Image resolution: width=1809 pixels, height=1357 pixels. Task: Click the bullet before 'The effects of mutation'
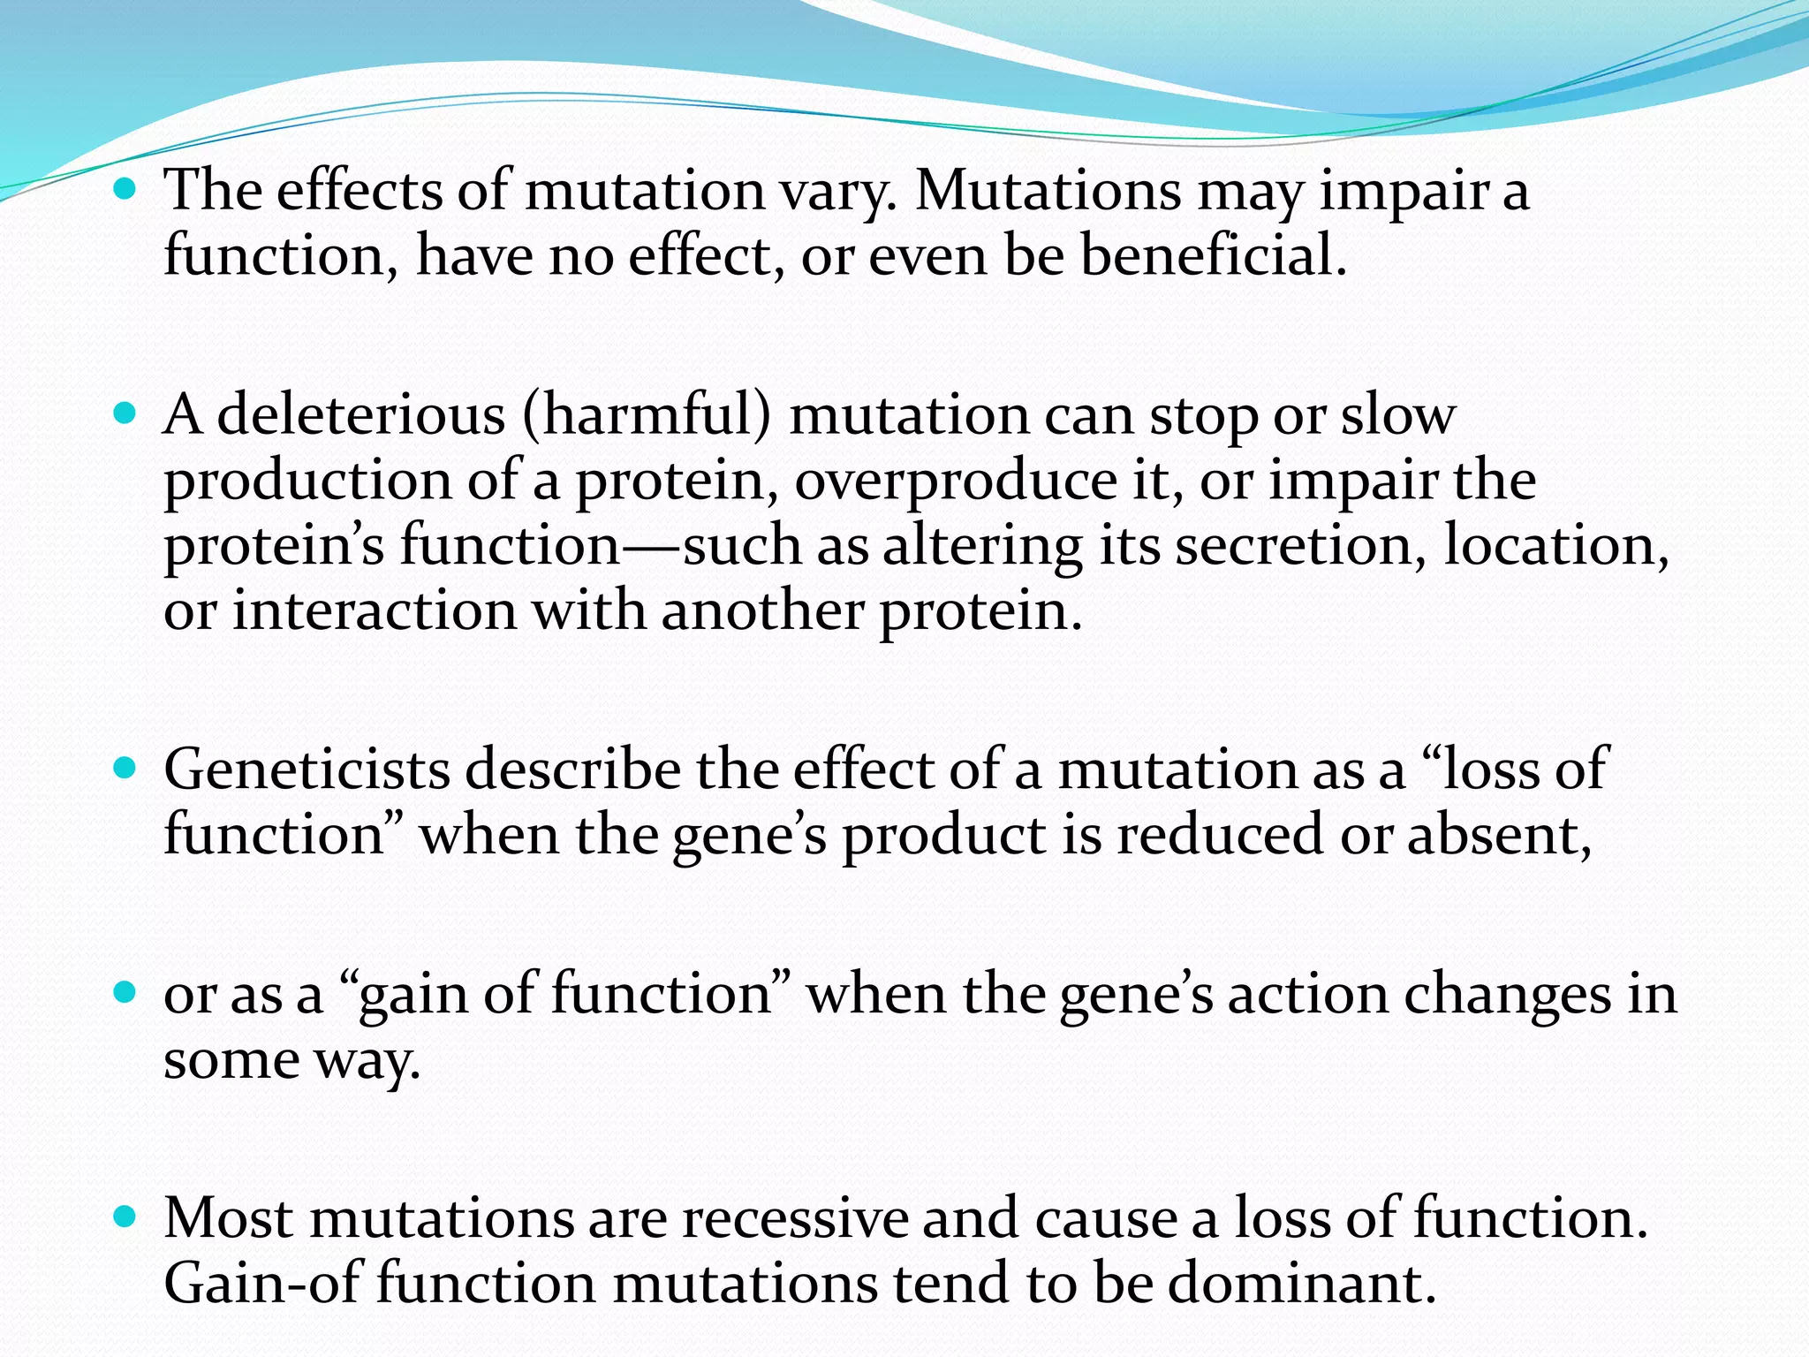[126, 189]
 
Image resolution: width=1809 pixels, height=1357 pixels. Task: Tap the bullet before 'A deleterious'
[126, 413]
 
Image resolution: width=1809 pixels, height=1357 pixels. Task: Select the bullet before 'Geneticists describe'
[126, 768]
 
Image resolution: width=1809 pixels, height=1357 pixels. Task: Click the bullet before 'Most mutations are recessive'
[126, 1217]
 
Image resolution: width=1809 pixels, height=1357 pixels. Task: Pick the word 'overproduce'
[955, 481]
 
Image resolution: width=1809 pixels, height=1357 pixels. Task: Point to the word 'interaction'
[375, 610]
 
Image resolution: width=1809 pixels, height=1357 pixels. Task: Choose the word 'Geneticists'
[307, 769]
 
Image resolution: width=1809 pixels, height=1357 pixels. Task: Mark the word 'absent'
[1498, 834]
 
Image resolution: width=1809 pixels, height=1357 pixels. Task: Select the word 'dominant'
[1301, 1284]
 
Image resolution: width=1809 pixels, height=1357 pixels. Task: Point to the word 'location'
[1555, 545]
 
